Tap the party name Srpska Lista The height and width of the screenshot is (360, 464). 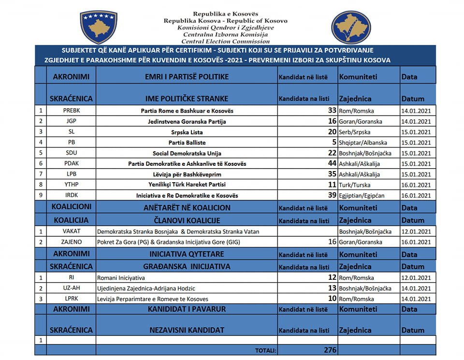(x=187, y=132)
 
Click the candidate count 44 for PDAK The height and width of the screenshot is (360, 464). (x=331, y=164)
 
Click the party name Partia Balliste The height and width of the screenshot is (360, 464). (x=187, y=143)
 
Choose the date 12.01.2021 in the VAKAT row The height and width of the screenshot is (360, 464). (x=416, y=232)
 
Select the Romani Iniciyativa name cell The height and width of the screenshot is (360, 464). (x=121, y=278)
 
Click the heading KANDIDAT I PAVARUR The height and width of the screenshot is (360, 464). (x=187, y=309)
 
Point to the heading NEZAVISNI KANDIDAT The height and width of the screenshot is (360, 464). (x=187, y=330)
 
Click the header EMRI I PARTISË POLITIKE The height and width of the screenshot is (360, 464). (x=187, y=77)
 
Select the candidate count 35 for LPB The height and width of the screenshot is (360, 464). (x=331, y=174)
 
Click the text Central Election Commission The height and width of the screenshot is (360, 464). (x=225, y=42)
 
